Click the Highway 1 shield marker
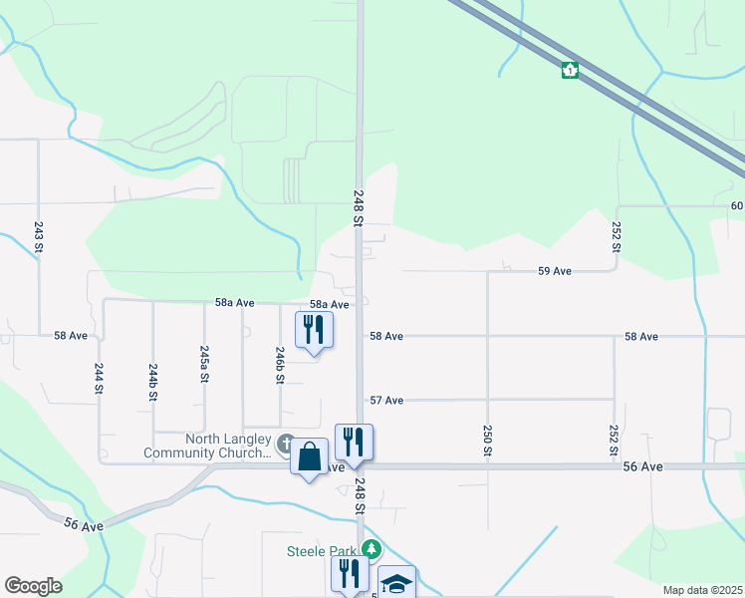570,71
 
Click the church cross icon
286,444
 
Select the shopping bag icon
309,457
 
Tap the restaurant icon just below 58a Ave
314,330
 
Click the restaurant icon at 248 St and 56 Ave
354,443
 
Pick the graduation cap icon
396,584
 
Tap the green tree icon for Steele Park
372,548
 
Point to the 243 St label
39,236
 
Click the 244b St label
152,381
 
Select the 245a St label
203,364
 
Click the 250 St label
488,441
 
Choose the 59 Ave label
554,271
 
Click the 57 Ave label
386,400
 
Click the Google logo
33,586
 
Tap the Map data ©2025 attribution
702,590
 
